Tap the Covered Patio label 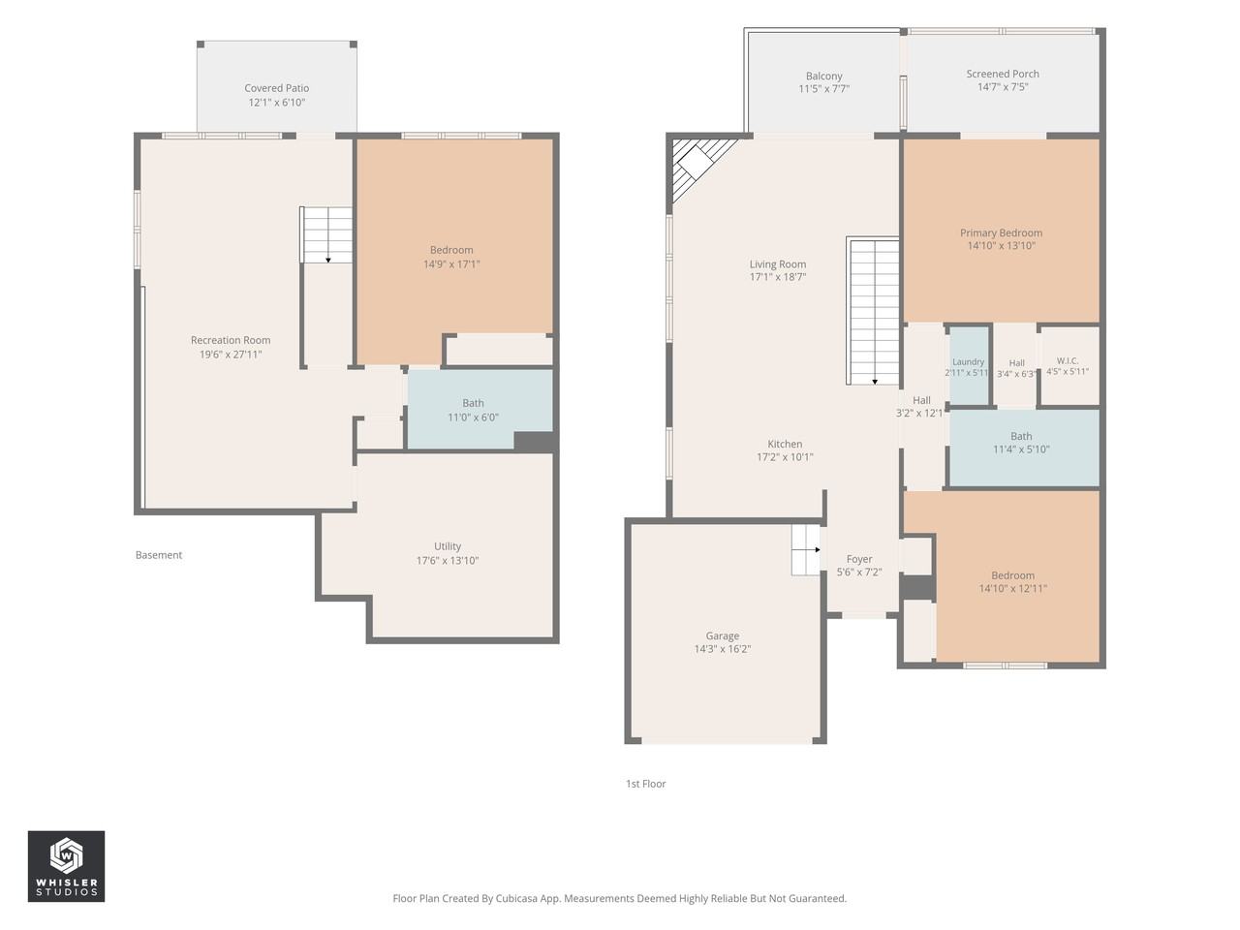point(277,88)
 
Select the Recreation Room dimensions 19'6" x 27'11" point(231,355)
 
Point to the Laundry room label point(969,361)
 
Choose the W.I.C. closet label point(1068,360)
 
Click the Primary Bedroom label point(1001,232)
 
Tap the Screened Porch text point(1003,74)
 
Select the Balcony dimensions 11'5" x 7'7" point(823,89)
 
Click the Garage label point(722,635)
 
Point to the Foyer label point(859,559)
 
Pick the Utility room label point(448,546)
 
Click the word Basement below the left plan point(159,555)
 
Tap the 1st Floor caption point(646,784)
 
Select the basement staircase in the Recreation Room point(325,234)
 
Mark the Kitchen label point(785,444)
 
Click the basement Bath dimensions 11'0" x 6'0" point(474,418)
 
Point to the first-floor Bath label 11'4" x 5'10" point(1021,443)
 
